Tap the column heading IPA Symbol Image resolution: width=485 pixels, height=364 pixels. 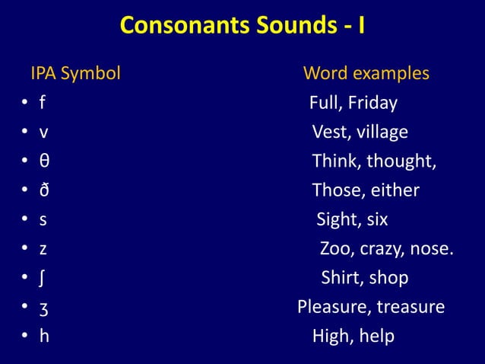pos(75,75)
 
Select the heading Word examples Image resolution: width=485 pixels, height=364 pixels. pos(366,75)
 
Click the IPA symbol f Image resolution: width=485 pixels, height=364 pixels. pos(43,103)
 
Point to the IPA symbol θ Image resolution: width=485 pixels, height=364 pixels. pos(45,161)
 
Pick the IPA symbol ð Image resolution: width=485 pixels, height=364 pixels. pos(45,190)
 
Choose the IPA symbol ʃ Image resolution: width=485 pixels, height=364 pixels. pos(43,278)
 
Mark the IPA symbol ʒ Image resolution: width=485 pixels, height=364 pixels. pos(44,308)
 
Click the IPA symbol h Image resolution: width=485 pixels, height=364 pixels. pos(44,336)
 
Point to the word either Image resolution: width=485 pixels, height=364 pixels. pos(393,190)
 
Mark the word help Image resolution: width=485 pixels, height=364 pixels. pos(377,336)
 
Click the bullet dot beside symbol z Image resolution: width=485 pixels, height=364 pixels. pos(25,250)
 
